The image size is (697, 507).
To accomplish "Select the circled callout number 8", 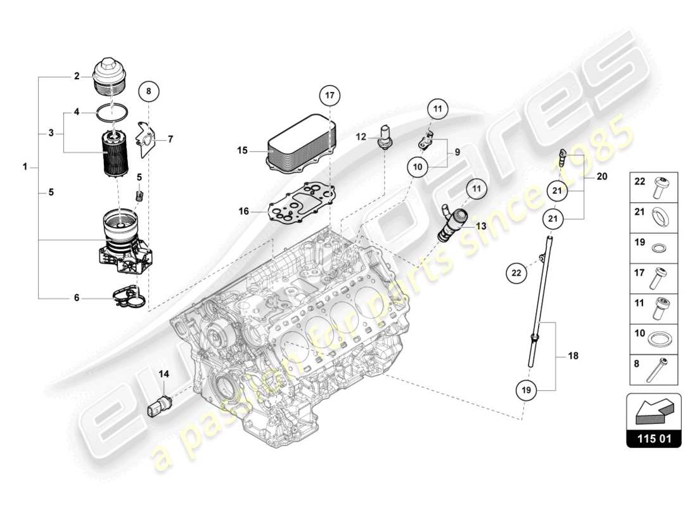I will pos(148,91).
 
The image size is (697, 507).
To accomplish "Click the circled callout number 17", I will pos(329,95).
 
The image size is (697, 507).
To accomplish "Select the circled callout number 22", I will pos(516,274).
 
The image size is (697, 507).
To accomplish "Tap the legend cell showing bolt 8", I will pos(655,367).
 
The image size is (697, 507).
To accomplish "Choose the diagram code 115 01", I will pos(654,438).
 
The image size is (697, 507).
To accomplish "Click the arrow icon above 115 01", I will pos(654,412).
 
